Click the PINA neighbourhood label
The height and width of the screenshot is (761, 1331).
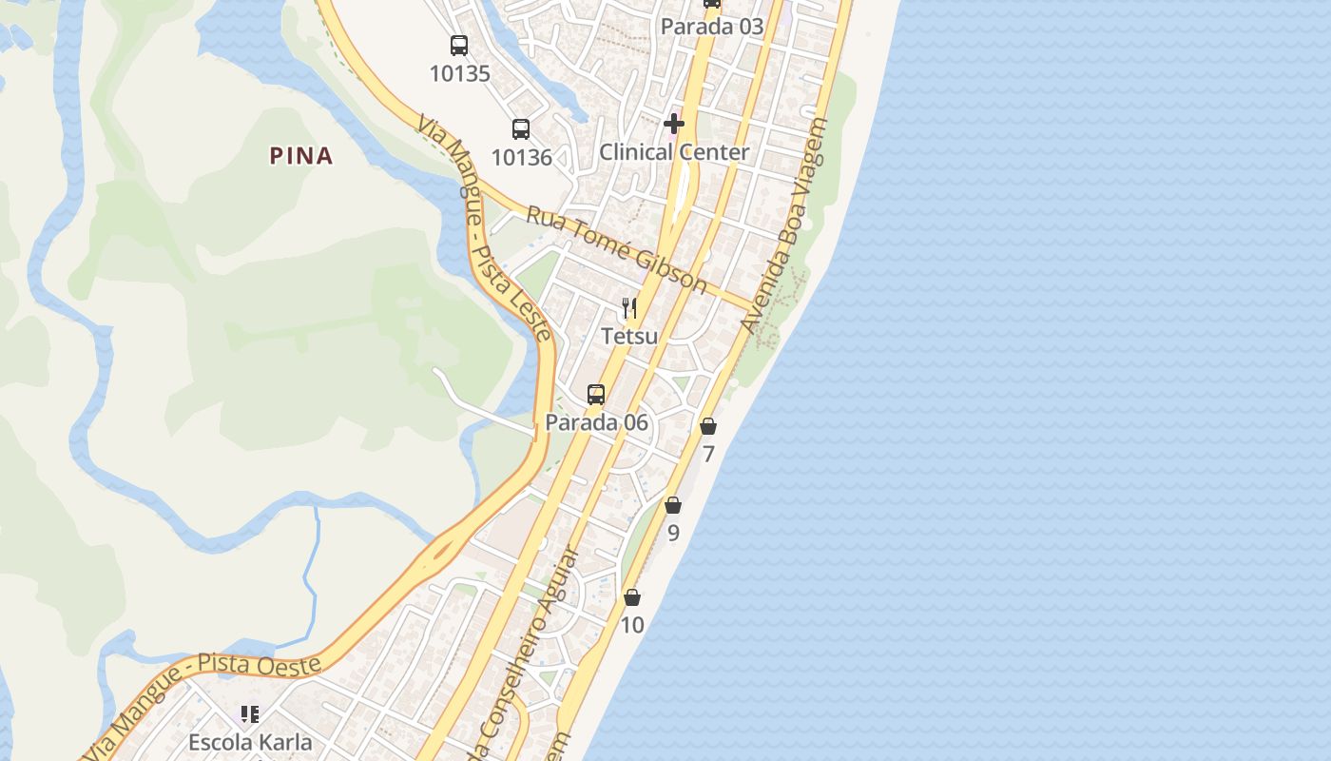click(x=301, y=156)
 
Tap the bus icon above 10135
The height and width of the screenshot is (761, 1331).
click(x=459, y=45)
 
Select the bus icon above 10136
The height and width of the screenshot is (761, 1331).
click(x=521, y=128)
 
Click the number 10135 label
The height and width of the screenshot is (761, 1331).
click(x=459, y=73)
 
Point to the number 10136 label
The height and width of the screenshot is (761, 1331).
click(x=521, y=157)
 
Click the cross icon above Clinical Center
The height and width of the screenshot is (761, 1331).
click(x=674, y=124)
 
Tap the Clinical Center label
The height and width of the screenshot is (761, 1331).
click(x=674, y=152)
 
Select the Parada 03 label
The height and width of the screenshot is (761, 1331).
click(x=712, y=27)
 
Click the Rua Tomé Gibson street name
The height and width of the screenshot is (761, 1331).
click(x=616, y=249)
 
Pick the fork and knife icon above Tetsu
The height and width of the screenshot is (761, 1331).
click(x=628, y=307)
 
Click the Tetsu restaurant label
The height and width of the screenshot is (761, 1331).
click(x=628, y=336)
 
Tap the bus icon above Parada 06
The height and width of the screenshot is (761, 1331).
click(x=596, y=394)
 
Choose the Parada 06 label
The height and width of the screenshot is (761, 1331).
click(x=596, y=422)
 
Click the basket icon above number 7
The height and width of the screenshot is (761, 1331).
click(x=708, y=426)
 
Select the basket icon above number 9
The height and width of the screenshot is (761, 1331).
click(x=673, y=505)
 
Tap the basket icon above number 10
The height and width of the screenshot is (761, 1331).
click(x=632, y=597)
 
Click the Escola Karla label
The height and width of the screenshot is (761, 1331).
click(x=250, y=741)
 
